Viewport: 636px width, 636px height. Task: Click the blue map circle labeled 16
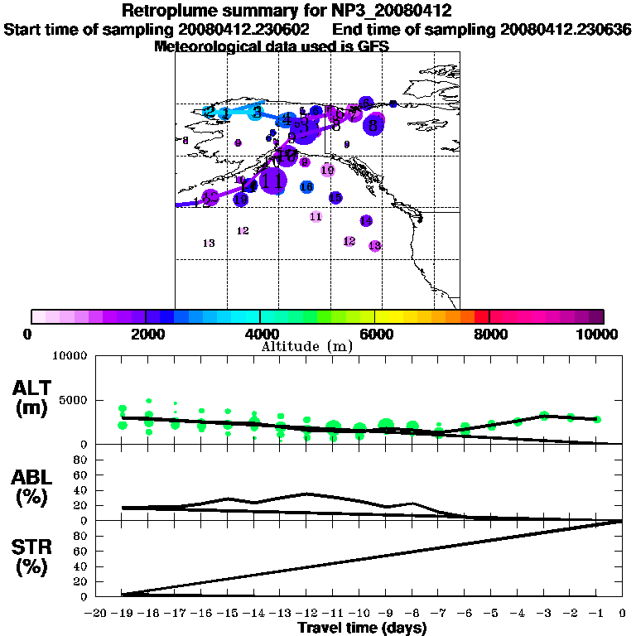click(306, 187)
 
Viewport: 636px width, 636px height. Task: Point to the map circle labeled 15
click(335, 198)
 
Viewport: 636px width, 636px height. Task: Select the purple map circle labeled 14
click(366, 220)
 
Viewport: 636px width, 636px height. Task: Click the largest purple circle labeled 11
click(272, 180)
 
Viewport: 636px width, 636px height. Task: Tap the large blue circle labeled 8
click(374, 126)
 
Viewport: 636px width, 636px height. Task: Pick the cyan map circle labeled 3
click(257, 113)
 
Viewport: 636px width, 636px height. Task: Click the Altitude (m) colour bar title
click(307, 346)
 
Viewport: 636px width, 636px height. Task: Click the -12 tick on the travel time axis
click(307, 614)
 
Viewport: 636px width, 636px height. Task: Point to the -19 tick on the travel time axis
click(123, 614)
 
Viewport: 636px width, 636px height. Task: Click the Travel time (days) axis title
click(362, 628)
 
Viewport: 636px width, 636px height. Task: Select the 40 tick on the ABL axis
click(83, 489)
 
